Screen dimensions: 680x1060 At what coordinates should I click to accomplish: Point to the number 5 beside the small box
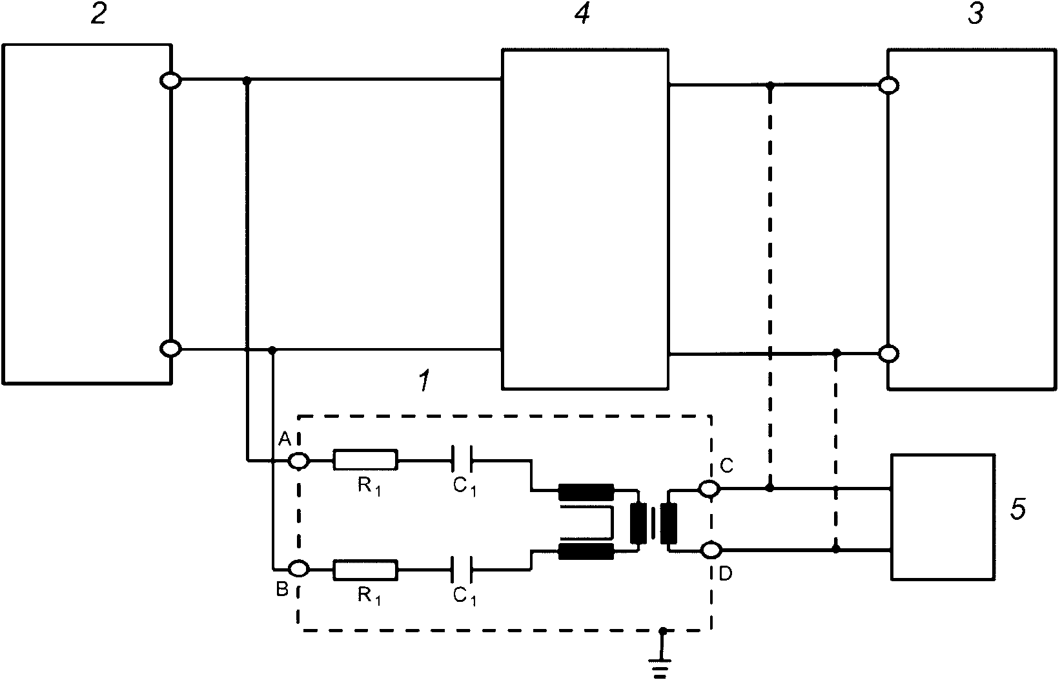coord(1017,510)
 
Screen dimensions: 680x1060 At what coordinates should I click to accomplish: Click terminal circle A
coord(299,460)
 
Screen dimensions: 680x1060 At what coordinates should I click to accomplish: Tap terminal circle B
coord(299,569)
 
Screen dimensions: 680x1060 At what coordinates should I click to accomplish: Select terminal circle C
coord(710,489)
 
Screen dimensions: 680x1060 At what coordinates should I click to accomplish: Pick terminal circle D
coord(710,550)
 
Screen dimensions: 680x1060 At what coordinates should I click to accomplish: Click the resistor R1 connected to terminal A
coord(365,460)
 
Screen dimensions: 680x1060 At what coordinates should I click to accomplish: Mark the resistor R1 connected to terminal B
coord(365,569)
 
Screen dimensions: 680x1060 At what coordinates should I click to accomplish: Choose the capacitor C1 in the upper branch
coord(462,460)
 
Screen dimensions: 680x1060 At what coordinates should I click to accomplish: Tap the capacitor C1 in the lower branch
coord(462,569)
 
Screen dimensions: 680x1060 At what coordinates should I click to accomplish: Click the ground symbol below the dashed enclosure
coord(660,669)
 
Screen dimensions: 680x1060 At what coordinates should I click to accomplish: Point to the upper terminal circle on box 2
coord(170,80)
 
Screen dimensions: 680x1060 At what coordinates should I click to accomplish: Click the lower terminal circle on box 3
coord(889,354)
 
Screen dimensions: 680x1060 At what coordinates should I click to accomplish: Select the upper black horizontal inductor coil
coord(586,492)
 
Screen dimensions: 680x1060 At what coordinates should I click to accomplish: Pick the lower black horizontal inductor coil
coord(586,551)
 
